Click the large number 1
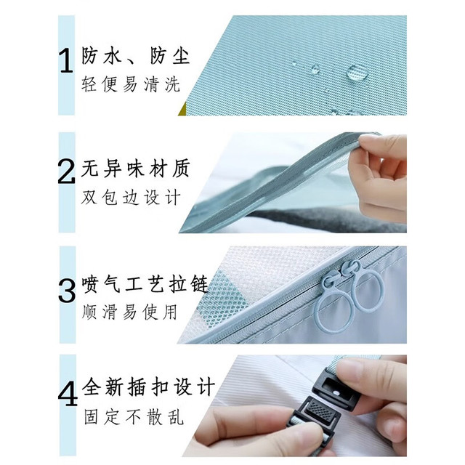click(x=66, y=61)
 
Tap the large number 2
click(x=66, y=171)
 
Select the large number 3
click(x=68, y=291)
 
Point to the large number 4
click(x=68, y=395)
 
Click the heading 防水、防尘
click(x=136, y=56)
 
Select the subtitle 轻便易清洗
click(x=131, y=84)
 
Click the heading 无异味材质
click(x=135, y=169)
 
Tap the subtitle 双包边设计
click(x=131, y=197)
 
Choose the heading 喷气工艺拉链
click(x=145, y=284)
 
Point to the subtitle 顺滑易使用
click(x=129, y=312)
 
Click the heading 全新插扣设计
click(x=148, y=387)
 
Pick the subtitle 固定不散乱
click(x=134, y=416)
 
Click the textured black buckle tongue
click(x=318, y=410)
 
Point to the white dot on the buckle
click(x=336, y=393)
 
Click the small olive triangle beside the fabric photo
click(x=182, y=109)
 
